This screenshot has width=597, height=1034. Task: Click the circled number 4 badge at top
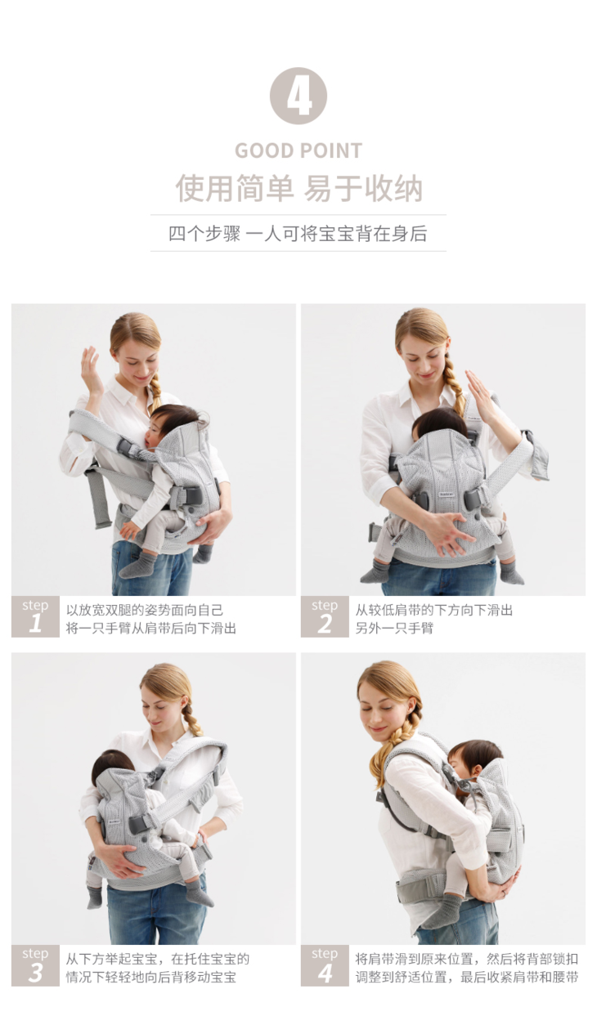tap(298, 96)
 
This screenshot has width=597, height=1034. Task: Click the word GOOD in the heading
tap(265, 151)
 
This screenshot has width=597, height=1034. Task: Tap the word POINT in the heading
tap(330, 151)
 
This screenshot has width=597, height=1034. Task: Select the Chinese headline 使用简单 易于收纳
tap(298, 188)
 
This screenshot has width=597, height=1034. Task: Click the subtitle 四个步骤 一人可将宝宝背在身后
tap(298, 234)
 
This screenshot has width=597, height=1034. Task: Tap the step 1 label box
tap(35, 616)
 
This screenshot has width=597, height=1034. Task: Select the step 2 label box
tap(325, 616)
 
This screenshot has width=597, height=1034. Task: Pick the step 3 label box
tap(35, 965)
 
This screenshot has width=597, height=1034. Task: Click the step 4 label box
tap(325, 965)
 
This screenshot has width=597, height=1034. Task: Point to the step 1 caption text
tap(151, 619)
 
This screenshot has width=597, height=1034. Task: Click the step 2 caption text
tap(434, 619)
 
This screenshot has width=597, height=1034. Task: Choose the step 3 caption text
tap(158, 968)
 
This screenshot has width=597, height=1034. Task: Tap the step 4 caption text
tap(466, 968)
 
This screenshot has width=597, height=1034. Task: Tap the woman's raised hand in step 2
tap(478, 390)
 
